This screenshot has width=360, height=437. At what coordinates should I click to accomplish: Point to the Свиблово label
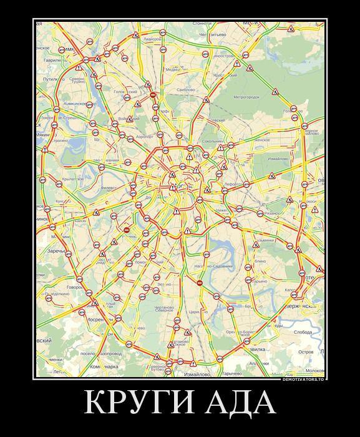187,90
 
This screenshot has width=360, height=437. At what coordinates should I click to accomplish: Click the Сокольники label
212,142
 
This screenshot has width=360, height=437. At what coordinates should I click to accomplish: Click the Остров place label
306,351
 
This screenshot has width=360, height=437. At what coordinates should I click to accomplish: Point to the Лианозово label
152,39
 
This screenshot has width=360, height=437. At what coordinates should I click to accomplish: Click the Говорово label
75,287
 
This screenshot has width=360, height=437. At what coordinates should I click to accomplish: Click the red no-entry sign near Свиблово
153,95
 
